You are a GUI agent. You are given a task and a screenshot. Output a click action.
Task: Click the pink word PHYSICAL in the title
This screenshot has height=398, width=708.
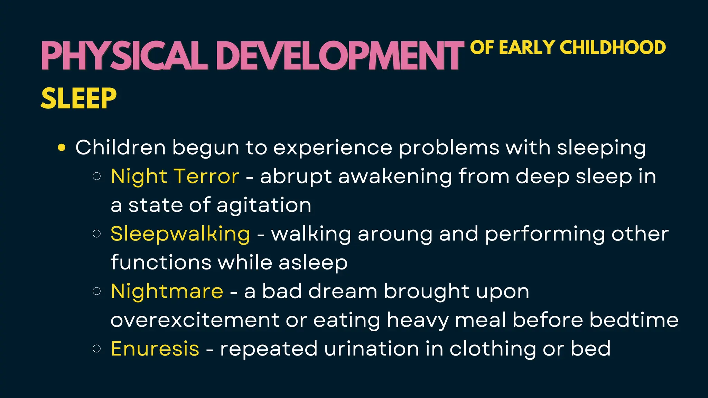(x=124, y=56)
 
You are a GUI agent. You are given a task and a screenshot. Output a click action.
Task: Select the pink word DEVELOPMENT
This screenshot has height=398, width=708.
(x=341, y=56)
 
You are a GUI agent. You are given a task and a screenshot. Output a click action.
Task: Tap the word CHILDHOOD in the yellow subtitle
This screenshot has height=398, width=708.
(x=612, y=48)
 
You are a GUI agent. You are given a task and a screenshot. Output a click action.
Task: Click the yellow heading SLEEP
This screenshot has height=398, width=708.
(x=78, y=98)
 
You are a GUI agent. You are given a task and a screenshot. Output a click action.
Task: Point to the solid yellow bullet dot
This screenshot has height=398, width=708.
(x=62, y=148)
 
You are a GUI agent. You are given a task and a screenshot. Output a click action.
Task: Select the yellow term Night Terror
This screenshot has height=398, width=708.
(x=175, y=176)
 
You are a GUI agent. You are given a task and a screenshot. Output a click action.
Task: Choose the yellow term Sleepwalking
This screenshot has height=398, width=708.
(x=180, y=234)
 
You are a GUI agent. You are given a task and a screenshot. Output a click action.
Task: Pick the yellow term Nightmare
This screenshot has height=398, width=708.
(x=167, y=291)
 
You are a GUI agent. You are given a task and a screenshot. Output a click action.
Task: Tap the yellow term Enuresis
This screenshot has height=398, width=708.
(x=155, y=348)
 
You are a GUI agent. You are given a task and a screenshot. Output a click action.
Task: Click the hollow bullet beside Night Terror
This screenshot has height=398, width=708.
(x=97, y=177)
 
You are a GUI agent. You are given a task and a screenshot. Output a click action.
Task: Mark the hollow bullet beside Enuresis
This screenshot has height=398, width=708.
(x=97, y=349)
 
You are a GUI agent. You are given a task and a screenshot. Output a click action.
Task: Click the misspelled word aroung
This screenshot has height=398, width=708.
(x=395, y=234)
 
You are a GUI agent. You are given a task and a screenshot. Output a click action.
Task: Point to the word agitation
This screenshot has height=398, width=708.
(x=264, y=205)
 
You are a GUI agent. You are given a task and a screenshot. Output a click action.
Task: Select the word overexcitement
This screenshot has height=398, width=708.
(x=195, y=320)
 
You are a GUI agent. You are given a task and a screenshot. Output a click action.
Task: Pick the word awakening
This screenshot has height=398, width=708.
(x=395, y=176)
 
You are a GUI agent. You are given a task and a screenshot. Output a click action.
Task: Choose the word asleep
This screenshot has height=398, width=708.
(x=313, y=263)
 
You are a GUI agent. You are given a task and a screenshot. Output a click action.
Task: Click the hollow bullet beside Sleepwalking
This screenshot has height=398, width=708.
(x=97, y=234)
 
